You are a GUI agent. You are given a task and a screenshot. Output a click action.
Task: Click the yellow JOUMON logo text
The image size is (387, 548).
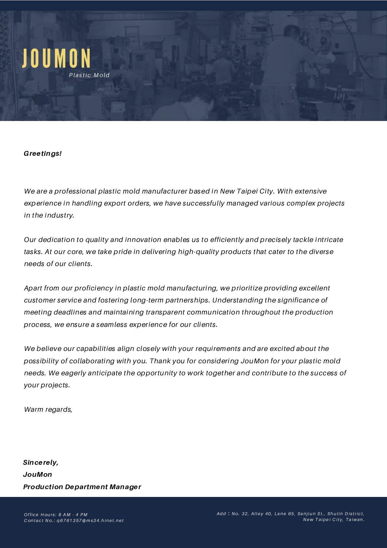coord(57,59)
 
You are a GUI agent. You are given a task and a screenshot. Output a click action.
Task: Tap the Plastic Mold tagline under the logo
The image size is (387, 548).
coord(89,75)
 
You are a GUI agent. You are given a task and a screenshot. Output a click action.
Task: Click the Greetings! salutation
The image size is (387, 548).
coord(43,154)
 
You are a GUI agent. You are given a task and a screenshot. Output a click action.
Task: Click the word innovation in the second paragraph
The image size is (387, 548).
coord(143,240)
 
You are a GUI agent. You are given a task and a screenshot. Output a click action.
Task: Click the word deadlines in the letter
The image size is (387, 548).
coord(70,312)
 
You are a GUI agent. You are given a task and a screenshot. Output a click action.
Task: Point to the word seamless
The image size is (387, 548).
coord(111,325)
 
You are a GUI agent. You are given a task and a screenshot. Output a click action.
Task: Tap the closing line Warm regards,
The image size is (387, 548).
coord(48,409)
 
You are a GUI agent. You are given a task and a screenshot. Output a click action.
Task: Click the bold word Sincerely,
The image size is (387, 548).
coord(41,462)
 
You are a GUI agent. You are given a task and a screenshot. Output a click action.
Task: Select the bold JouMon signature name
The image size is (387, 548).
coord(37,474)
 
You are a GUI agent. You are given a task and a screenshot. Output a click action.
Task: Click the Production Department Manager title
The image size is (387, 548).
coord(82,487)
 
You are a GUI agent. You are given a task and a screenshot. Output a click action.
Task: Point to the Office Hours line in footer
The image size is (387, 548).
coord(56,515)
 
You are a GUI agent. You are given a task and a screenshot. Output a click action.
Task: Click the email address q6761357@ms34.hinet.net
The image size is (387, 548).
coord(90,521)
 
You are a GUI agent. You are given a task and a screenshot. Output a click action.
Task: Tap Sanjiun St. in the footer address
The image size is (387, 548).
coord(311,514)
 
